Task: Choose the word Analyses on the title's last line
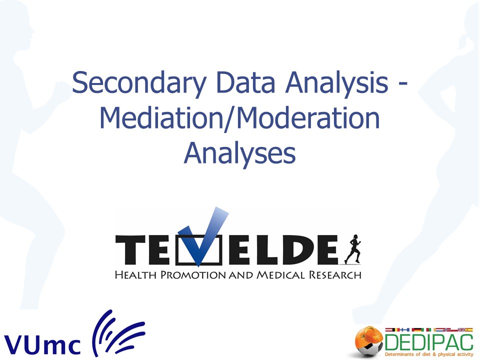(239, 153)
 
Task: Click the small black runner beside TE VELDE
(353, 249)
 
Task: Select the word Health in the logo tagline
(135, 275)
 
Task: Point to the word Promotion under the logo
(193, 275)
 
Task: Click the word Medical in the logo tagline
(280, 275)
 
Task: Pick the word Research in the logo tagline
(335, 275)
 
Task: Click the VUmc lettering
(42, 344)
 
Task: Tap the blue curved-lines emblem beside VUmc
(118, 333)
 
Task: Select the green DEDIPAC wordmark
(429, 342)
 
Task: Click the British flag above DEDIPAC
(461, 329)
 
